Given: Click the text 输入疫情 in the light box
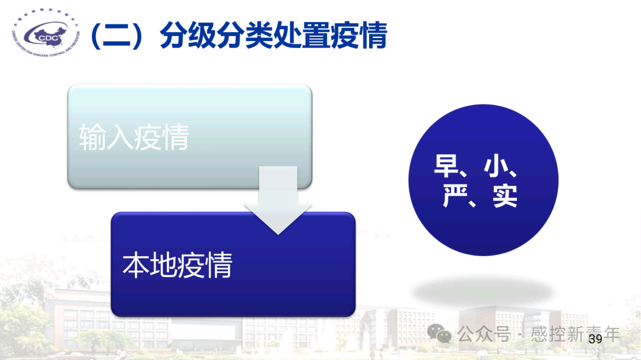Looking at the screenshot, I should pyautogui.click(x=134, y=138).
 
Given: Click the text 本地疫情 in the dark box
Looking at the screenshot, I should pyautogui.click(x=177, y=265).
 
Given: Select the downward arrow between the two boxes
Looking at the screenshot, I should pyautogui.click(x=278, y=202).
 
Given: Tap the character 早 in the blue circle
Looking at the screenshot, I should pyautogui.click(x=446, y=167).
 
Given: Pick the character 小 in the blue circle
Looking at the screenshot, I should pyautogui.click(x=496, y=167).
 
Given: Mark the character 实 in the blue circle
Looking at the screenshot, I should pyautogui.click(x=504, y=196).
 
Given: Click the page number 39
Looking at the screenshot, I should pyautogui.click(x=595, y=339).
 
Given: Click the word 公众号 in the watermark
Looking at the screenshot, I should pyautogui.click(x=484, y=334).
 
